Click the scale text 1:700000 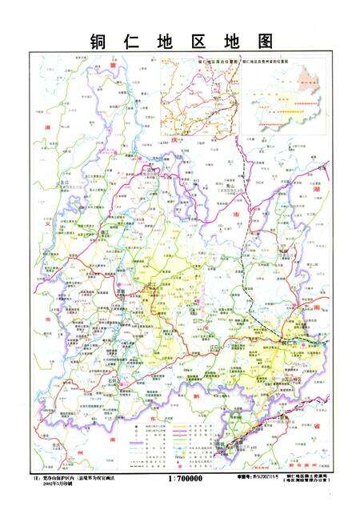(x=185, y=478)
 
